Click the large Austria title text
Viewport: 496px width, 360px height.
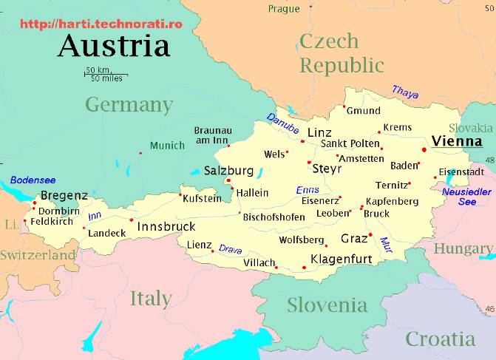114,46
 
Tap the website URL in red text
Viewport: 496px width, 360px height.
101,24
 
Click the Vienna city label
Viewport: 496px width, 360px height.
457,141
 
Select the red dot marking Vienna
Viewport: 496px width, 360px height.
424,149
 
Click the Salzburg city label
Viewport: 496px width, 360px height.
228,171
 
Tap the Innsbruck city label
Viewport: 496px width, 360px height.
166,225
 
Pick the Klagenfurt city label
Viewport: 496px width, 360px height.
341,259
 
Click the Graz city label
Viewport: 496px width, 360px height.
354,239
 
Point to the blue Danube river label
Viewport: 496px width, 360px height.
282,125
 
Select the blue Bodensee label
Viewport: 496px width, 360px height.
33,180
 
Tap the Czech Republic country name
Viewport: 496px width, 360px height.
341,53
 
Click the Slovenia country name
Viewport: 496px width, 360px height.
327,305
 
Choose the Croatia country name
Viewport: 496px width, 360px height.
440,339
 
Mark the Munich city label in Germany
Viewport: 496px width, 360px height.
167,146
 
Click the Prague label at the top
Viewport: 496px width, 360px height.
284,9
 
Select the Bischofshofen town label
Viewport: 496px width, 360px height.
274,217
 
